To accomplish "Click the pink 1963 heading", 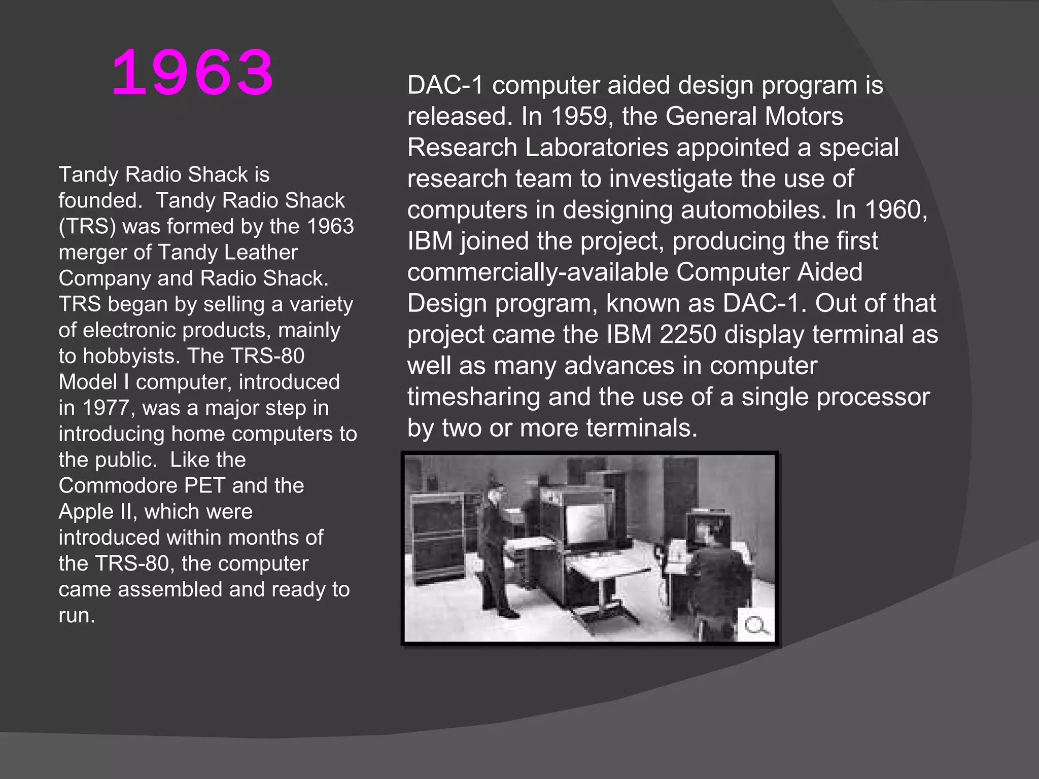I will pyautogui.click(x=192, y=74).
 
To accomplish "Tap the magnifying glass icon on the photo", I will pyautogui.click(x=755, y=625).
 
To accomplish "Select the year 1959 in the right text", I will pyautogui.click(x=578, y=116).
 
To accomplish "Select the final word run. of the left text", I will pyautogui.click(x=77, y=616).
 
